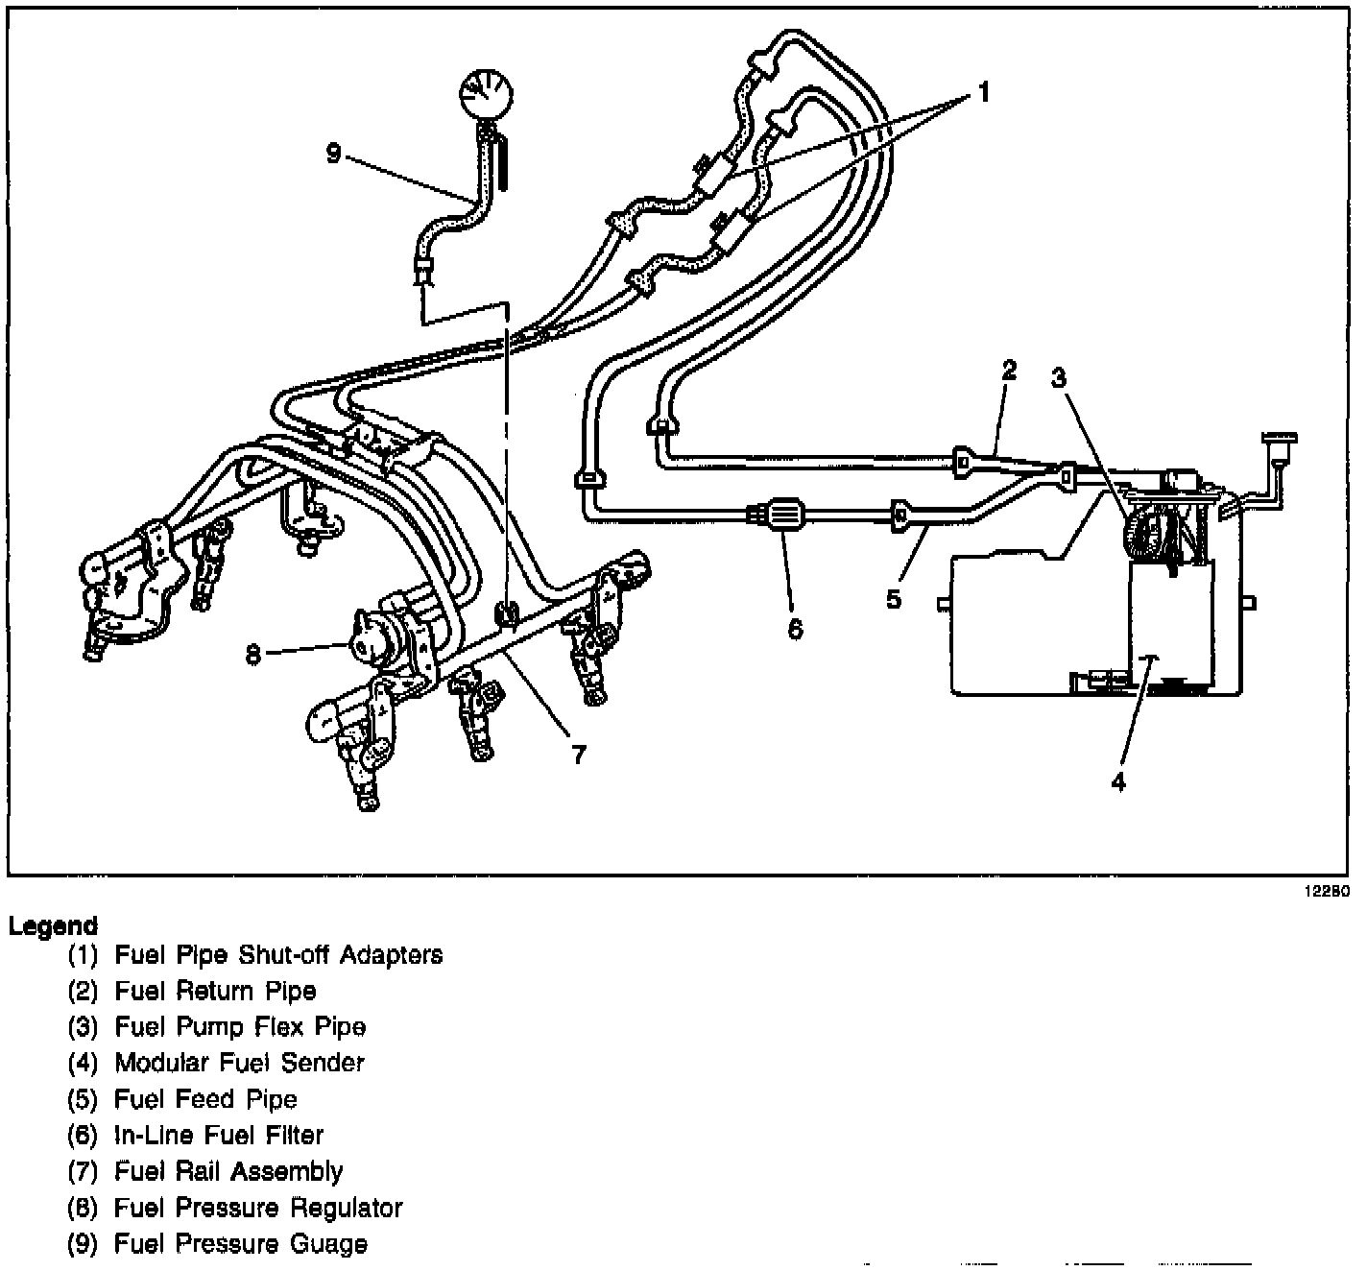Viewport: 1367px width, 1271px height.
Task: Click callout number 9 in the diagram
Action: click(x=333, y=153)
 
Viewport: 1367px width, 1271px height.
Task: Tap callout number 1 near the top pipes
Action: click(x=983, y=92)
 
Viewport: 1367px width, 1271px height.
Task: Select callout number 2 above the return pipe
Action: click(x=1009, y=371)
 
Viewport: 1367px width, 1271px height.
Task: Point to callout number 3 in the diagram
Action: click(x=1058, y=378)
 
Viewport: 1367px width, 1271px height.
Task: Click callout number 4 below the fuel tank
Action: click(x=1118, y=781)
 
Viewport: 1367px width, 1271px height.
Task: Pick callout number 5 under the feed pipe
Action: click(x=894, y=599)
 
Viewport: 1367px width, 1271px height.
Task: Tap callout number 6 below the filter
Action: click(x=795, y=629)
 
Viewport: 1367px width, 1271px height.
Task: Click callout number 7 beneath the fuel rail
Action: click(x=578, y=755)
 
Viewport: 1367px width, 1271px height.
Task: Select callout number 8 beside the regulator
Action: click(x=253, y=654)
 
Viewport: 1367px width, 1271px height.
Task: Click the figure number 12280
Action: click(x=1327, y=891)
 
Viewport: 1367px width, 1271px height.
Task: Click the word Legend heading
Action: click(x=53, y=926)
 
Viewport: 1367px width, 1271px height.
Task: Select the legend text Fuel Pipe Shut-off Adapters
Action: click(x=278, y=955)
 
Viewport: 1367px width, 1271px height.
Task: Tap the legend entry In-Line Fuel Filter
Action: click(x=219, y=1135)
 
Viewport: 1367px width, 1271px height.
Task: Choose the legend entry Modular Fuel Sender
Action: click(x=239, y=1063)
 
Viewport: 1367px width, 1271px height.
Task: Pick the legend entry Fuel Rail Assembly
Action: click(x=228, y=1171)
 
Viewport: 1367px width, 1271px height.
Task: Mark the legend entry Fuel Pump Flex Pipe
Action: click(x=240, y=1027)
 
